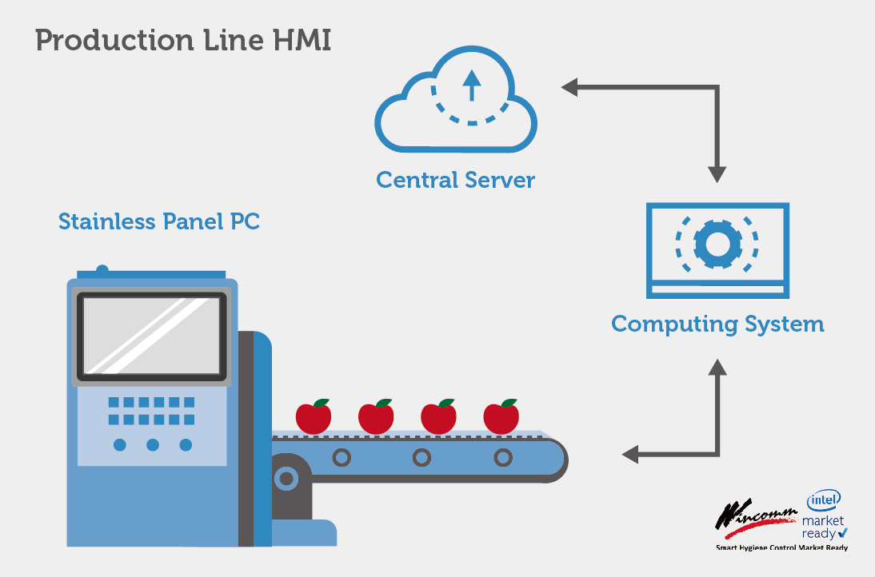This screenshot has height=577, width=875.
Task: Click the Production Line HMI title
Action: tap(183, 40)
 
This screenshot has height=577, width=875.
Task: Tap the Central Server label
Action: tap(455, 180)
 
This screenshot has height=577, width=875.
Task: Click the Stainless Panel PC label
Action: tap(159, 221)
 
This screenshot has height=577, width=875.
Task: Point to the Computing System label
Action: tap(717, 324)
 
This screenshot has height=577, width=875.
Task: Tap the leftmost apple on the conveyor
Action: tap(314, 416)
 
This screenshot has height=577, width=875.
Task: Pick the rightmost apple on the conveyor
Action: tap(501, 416)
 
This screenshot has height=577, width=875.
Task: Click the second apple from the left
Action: tap(376, 416)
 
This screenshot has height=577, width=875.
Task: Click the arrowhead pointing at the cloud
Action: tap(569, 87)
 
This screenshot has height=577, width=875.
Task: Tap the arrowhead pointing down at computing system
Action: tap(717, 174)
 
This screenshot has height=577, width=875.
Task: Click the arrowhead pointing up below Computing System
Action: tap(717, 368)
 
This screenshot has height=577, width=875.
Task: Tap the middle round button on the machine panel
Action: tap(152, 444)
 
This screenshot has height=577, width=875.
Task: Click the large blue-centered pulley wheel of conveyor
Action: tap(286, 479)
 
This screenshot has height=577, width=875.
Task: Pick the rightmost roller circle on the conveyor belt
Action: tap(502, 458)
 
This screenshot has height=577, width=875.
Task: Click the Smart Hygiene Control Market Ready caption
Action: tap(781, 548)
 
